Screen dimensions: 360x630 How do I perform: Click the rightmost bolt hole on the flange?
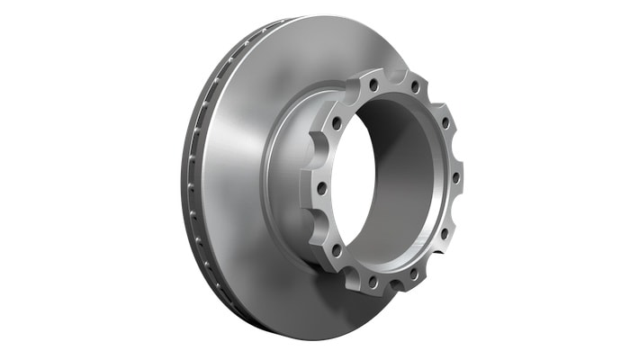(x=455, y=177)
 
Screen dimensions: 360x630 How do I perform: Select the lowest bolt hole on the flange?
(x=372, y=281)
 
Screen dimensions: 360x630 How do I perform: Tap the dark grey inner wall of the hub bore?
(x=405, y=171)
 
